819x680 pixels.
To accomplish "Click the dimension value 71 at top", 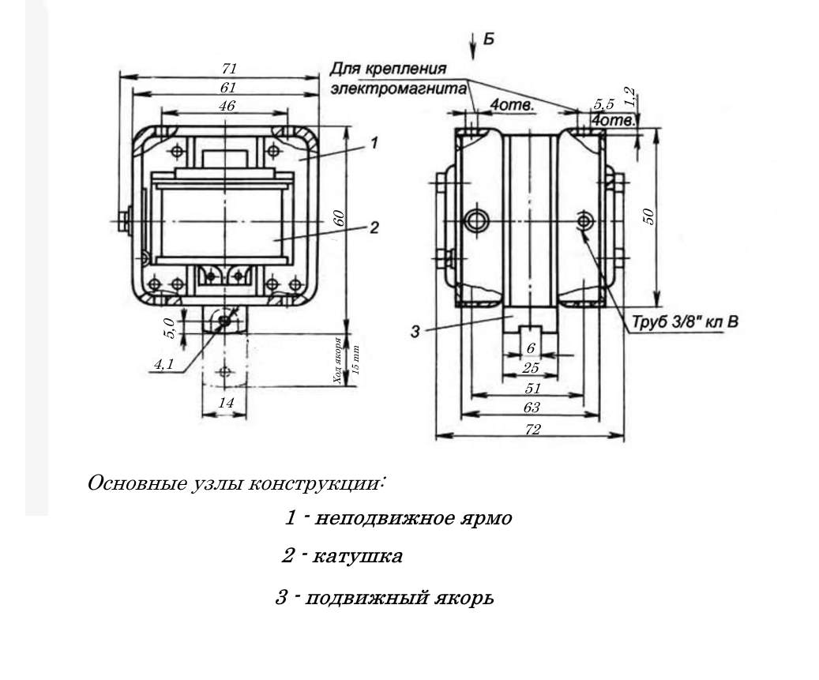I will [229, 69].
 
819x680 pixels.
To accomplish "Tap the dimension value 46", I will [227, 106].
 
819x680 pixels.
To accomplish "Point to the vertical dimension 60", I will [339, 219].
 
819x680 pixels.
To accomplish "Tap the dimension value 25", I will [531, 368].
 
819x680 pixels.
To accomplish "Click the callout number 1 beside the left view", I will [374, 143].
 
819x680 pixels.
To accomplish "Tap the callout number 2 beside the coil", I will [374, 227].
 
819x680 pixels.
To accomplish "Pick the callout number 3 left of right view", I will [415, 332].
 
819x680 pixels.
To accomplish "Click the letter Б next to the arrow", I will [489, 39].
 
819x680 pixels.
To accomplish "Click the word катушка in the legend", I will [357, 557].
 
